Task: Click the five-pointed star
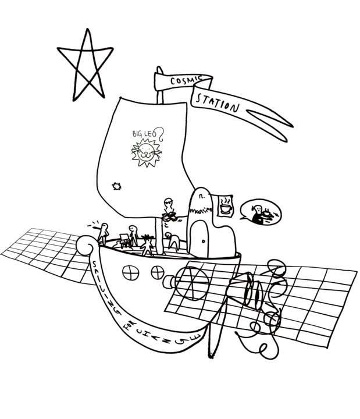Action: tap(85, 66)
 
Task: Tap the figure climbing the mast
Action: tap(169, 210)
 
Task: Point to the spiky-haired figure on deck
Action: tap(147, 242)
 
